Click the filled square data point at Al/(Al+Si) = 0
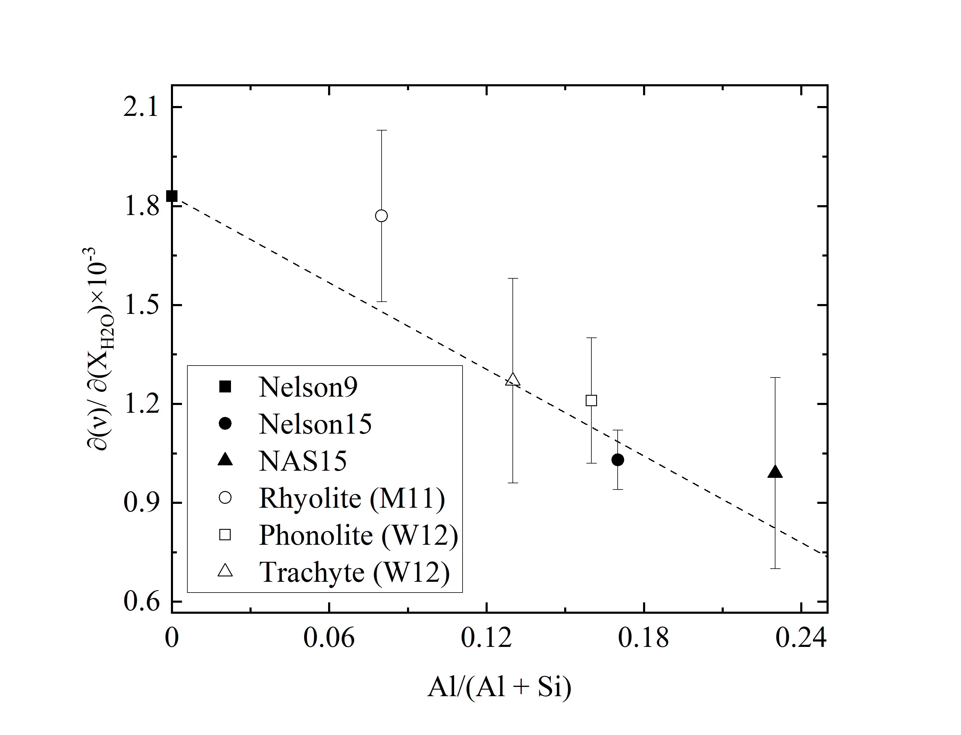click(172, 196)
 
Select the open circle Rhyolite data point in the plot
click(382, 216)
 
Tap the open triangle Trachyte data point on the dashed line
click(513, 380)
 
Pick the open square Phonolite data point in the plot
click(591, 400)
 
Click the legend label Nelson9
click(308, 387)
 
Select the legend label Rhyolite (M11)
click(352, 498)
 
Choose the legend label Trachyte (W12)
click(354, 572)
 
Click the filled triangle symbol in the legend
click(225, 460)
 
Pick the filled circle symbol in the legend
click(225, 423)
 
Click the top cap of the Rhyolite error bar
click(382, 131)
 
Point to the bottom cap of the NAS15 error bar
click(775, 568)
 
